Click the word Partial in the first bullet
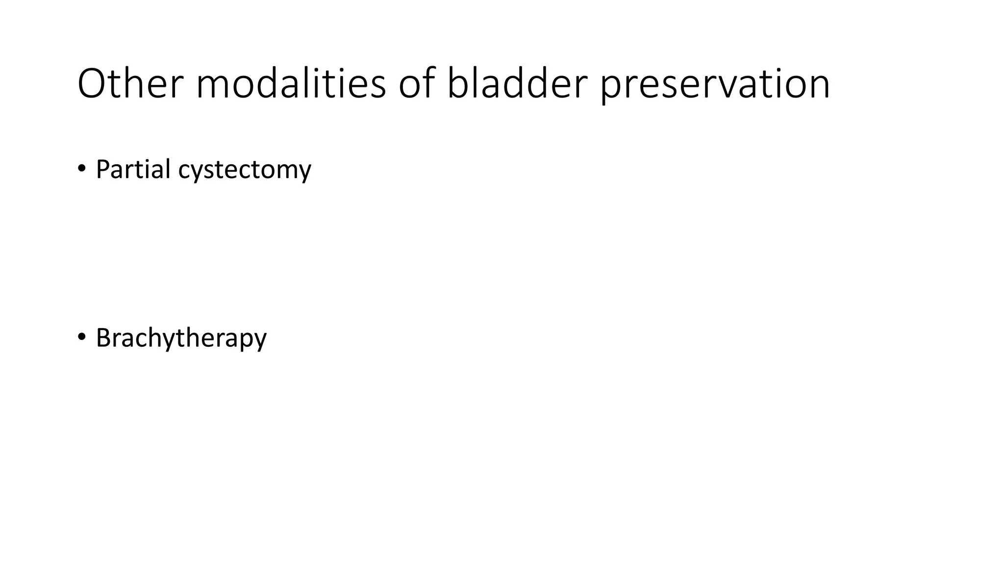[x=133, y=169]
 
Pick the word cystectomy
[x=245, y=170]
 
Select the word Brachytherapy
[x=181, y=338]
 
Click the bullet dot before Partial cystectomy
[x=81, y=169]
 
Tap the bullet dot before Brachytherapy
[x=81, y=337]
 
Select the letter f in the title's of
[x=428, y=82]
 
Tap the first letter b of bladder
[x=458, y=82]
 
